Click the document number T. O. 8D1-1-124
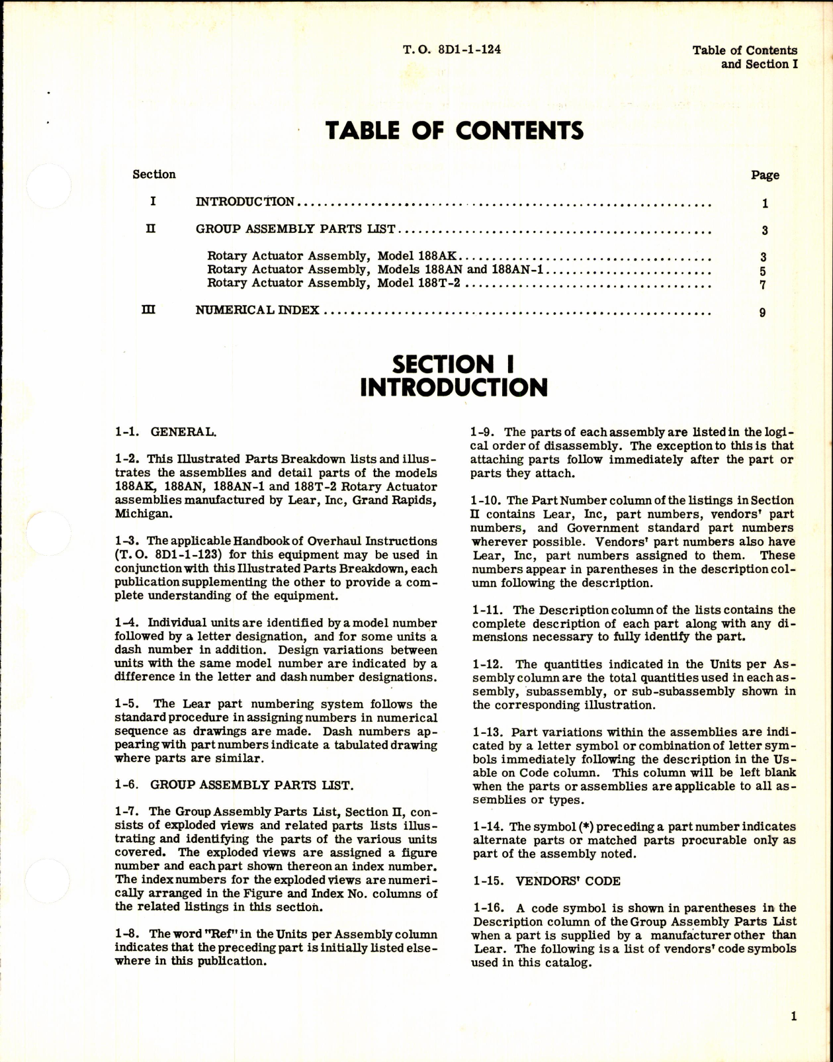click(x=451, y=50)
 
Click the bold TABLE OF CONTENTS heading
click(x=455, y=131)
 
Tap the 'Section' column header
click(x=154, y=175)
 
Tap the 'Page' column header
click(x=765, y=175)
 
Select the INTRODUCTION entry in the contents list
click(x=245, y=202)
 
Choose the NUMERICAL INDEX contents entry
click(x=257, y=310)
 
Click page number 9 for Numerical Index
click(x=763, y=312)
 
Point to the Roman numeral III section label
click(x=149, y=309)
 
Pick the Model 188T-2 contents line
click(x=334, y=284)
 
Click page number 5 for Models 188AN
click(x=763, y=271)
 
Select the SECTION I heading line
click(x=453, y=364)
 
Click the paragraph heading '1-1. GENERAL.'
click(x=165, y=432)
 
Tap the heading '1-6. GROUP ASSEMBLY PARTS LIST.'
click(x=234, y=785)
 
